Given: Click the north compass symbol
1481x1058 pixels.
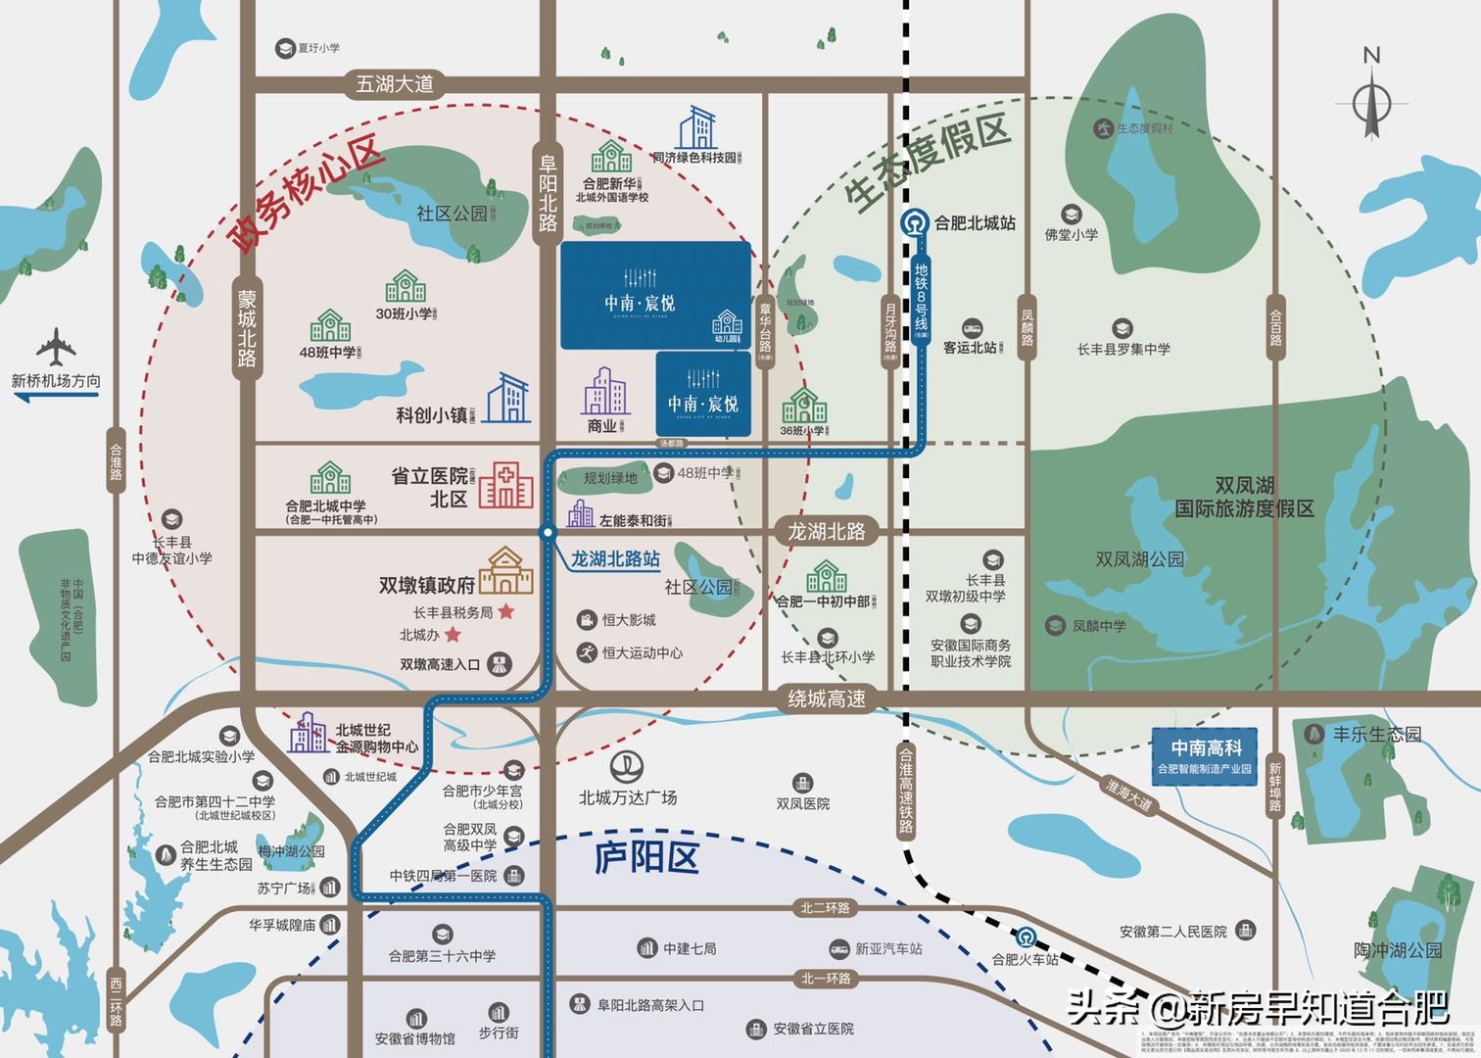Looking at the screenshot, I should tap(1372, 98).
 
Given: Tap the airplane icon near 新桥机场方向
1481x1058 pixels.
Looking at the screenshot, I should tap(56, 348).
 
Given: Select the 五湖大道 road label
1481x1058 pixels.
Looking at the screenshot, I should tap(394, 85).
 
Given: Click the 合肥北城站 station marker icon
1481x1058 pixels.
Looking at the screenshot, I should tap(916, 223).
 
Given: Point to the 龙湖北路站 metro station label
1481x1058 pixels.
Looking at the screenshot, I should tap(615, 559).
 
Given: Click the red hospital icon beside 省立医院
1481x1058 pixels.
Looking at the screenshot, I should tap(505, 485).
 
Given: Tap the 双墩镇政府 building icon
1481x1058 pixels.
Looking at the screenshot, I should tap(505, 571).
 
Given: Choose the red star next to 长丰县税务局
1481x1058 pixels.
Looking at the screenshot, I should tap(506, 611).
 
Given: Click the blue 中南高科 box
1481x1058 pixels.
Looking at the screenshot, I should tap(1205, 755).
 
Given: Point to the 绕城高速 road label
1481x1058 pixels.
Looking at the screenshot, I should tap(828, 698).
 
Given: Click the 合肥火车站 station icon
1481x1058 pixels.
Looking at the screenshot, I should tap(1026, 937).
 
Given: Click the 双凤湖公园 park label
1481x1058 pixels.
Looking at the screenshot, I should tap(1139, 559).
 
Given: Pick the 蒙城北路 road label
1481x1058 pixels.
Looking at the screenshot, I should tap(246, 327).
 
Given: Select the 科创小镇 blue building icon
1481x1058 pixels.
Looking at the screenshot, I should tap(508, 398).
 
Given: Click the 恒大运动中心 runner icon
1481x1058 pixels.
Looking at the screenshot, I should tap(587, 651).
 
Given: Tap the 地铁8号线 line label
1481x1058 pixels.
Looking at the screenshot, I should tap(921, 300).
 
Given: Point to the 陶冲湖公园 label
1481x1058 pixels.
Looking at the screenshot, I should tap(1398, 950).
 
